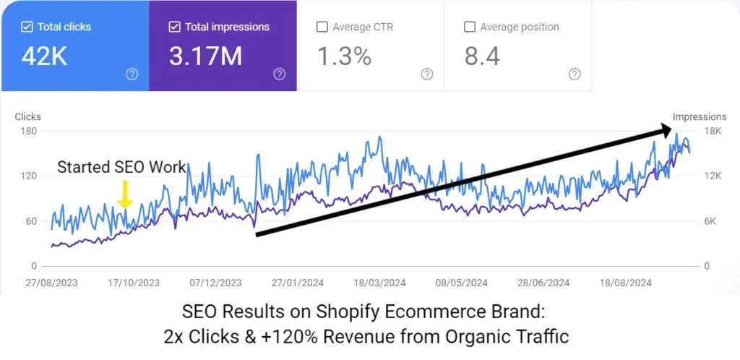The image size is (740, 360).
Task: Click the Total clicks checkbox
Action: [x=27, y=27]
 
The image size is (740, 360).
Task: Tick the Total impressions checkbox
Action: [x=174, y=27]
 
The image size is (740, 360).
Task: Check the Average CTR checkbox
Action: [x=322, y=27]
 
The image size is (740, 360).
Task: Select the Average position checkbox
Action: [x=469, y=27]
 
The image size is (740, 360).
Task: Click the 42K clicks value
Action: [x=44, y=56]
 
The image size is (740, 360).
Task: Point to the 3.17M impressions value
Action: [x=205, y=56]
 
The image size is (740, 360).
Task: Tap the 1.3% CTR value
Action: [x=345, y=56]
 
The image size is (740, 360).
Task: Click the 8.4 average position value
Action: [x=482, y=56]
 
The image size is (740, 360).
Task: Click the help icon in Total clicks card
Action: [x=132, y=74]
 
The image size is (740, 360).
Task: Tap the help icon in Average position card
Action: [x=575, y=74]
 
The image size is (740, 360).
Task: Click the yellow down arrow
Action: [x=124, y=194]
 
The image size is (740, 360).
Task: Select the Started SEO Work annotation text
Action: [x=121, y=167]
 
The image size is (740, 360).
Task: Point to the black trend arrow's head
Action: [x=666, y=131]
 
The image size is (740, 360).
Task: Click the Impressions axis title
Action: [x=699, y=116]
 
